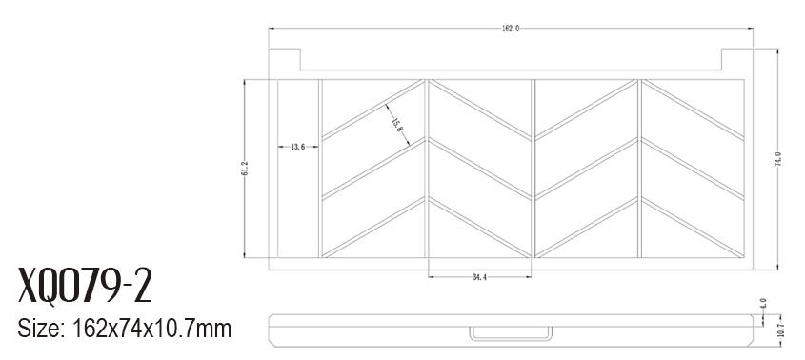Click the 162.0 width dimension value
click(511, 29)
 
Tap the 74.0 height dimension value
click(777, 159)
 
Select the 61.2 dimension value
click(245, 168)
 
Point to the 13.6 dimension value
click(298, 147)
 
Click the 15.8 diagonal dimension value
click(397, 126)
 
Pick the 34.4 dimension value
click(479, 277)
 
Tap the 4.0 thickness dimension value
click(763, 303)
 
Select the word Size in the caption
click(38, 329)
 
